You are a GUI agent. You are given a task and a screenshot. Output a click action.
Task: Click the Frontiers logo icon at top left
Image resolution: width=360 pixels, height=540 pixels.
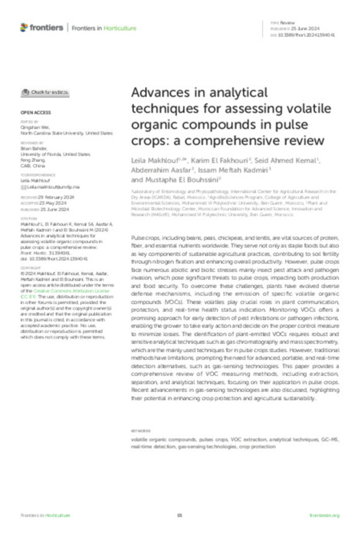[24, 28]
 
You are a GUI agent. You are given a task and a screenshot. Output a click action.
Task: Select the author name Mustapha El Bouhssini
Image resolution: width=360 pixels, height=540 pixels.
[173, 179]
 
